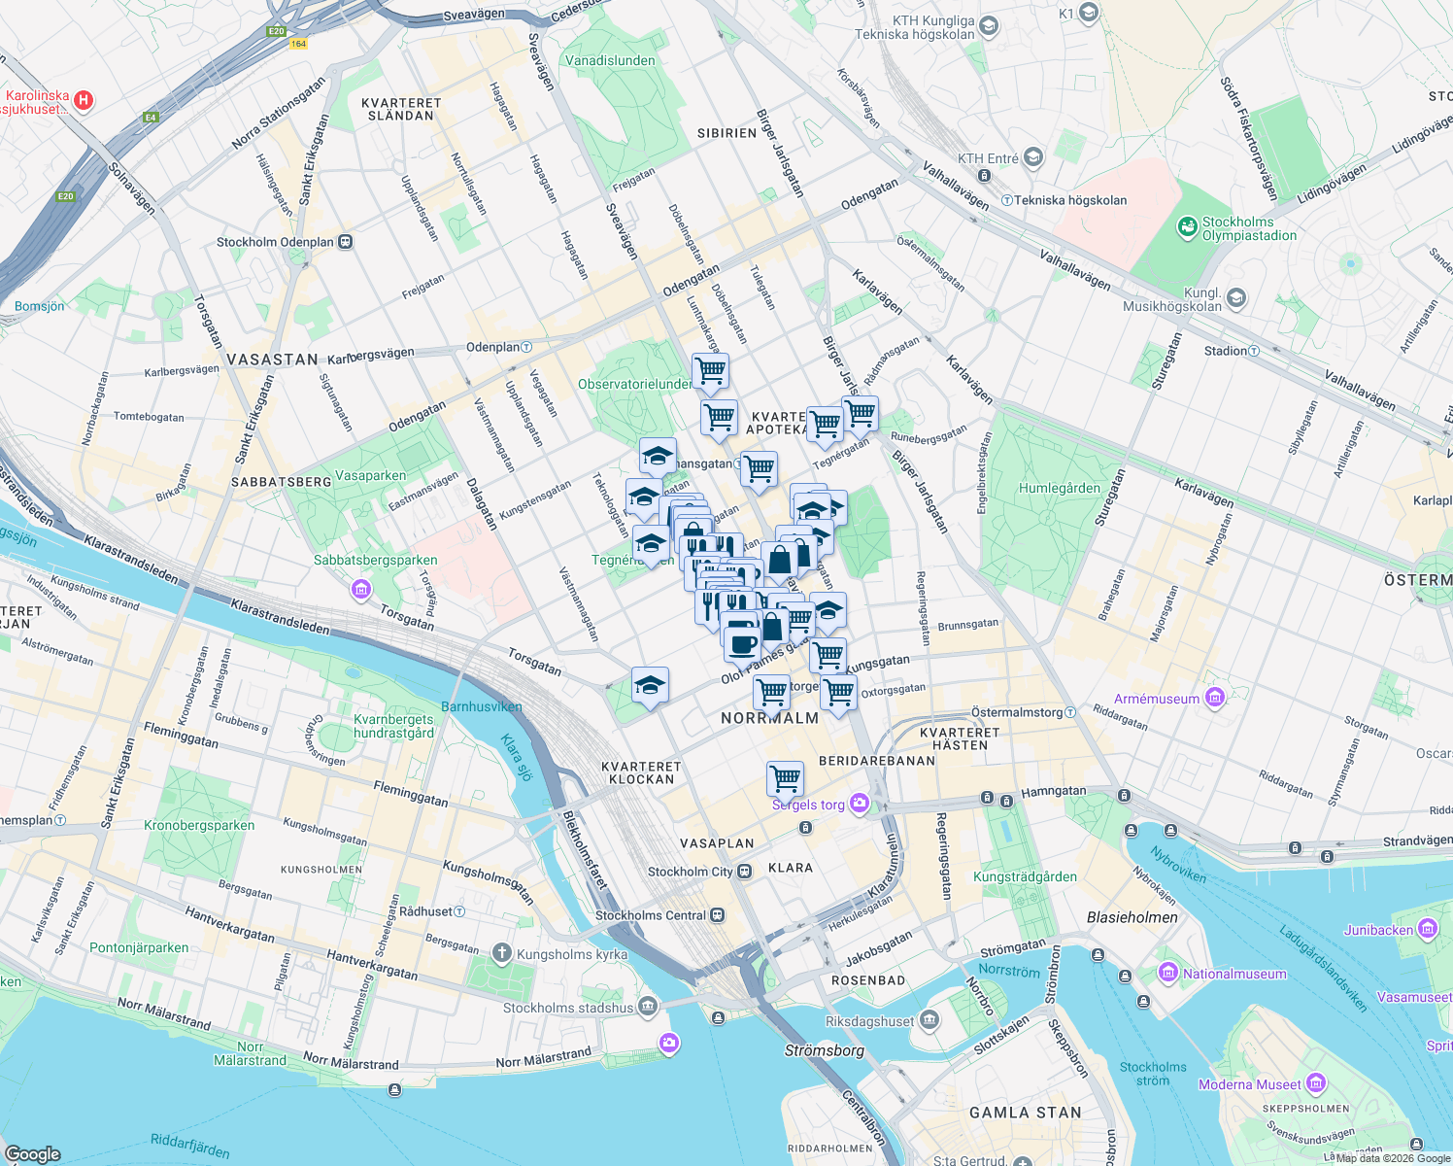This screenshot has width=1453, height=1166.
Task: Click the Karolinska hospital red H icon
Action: [x=84, y=100]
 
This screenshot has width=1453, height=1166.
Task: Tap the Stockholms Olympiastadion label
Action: [x=1249, y=228]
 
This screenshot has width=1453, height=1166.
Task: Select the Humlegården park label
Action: [x=1060, y=489]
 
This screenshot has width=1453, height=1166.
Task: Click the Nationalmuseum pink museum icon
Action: [x=1167, y=973]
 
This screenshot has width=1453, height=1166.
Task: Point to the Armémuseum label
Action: [x=1157, y=699]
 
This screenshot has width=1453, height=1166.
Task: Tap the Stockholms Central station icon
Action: [x=717, y=915]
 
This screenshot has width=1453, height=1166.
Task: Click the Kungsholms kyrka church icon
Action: [x=501, y=953]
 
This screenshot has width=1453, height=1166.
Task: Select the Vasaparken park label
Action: [x=370, y=476]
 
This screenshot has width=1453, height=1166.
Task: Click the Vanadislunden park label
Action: [x=610, y=60]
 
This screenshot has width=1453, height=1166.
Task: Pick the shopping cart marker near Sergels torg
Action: [x=785, y=778]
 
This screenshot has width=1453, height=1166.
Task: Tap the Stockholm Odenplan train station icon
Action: [x=345, y=242]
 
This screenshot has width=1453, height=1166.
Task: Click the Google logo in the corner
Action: [x=32, y=1154]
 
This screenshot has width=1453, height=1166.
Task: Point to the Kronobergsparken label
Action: [x=199, y=826]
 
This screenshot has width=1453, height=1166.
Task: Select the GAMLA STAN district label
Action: [x=1025, y=1113]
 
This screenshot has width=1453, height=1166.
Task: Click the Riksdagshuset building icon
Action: [x=929, y=1019]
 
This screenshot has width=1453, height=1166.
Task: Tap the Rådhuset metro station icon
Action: [x=459, y=911]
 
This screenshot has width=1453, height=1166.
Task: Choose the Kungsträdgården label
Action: [x=1025, y=876]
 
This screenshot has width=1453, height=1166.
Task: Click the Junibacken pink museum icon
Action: [x=1427, y=929]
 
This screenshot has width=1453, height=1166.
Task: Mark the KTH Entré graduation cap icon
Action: [x=1032, y=157]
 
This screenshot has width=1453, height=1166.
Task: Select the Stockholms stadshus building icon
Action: [x=648, y=1006]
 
